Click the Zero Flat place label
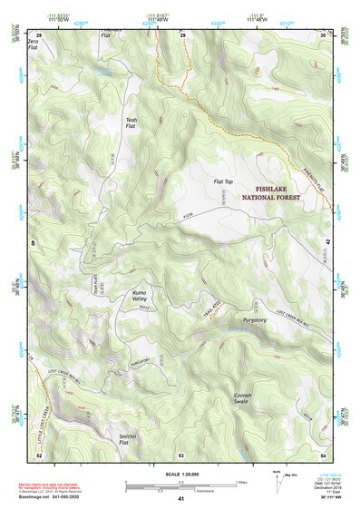pos(34,46)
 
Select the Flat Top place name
pos(223,182)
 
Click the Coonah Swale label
pos(243,400)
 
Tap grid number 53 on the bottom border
pos(181,454)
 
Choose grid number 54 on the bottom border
pos(322,454)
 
